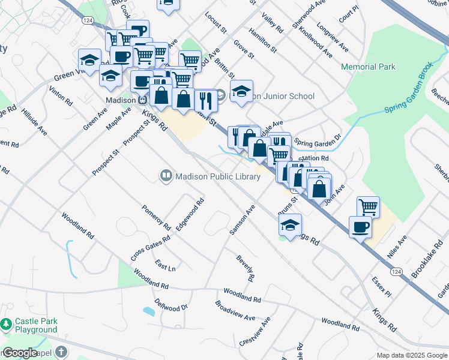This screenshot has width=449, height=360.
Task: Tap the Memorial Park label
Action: (x=368, y=67)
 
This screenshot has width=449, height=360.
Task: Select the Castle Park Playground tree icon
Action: (x=7, y=325)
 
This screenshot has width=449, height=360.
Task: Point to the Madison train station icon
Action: (x=143, y=100)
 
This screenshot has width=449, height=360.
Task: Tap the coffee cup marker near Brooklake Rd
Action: (x=361, y=227)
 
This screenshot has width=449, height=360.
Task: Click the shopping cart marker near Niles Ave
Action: (x=367, y=207)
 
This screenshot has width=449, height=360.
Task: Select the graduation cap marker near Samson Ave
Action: (x=290, y=225)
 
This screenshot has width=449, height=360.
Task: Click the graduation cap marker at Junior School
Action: (x=241, y=92)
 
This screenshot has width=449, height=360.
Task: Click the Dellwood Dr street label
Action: (x=171, y=305)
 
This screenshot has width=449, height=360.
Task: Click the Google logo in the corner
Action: (x=20, y=353)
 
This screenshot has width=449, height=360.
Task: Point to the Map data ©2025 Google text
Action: (x=412, y=355)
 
